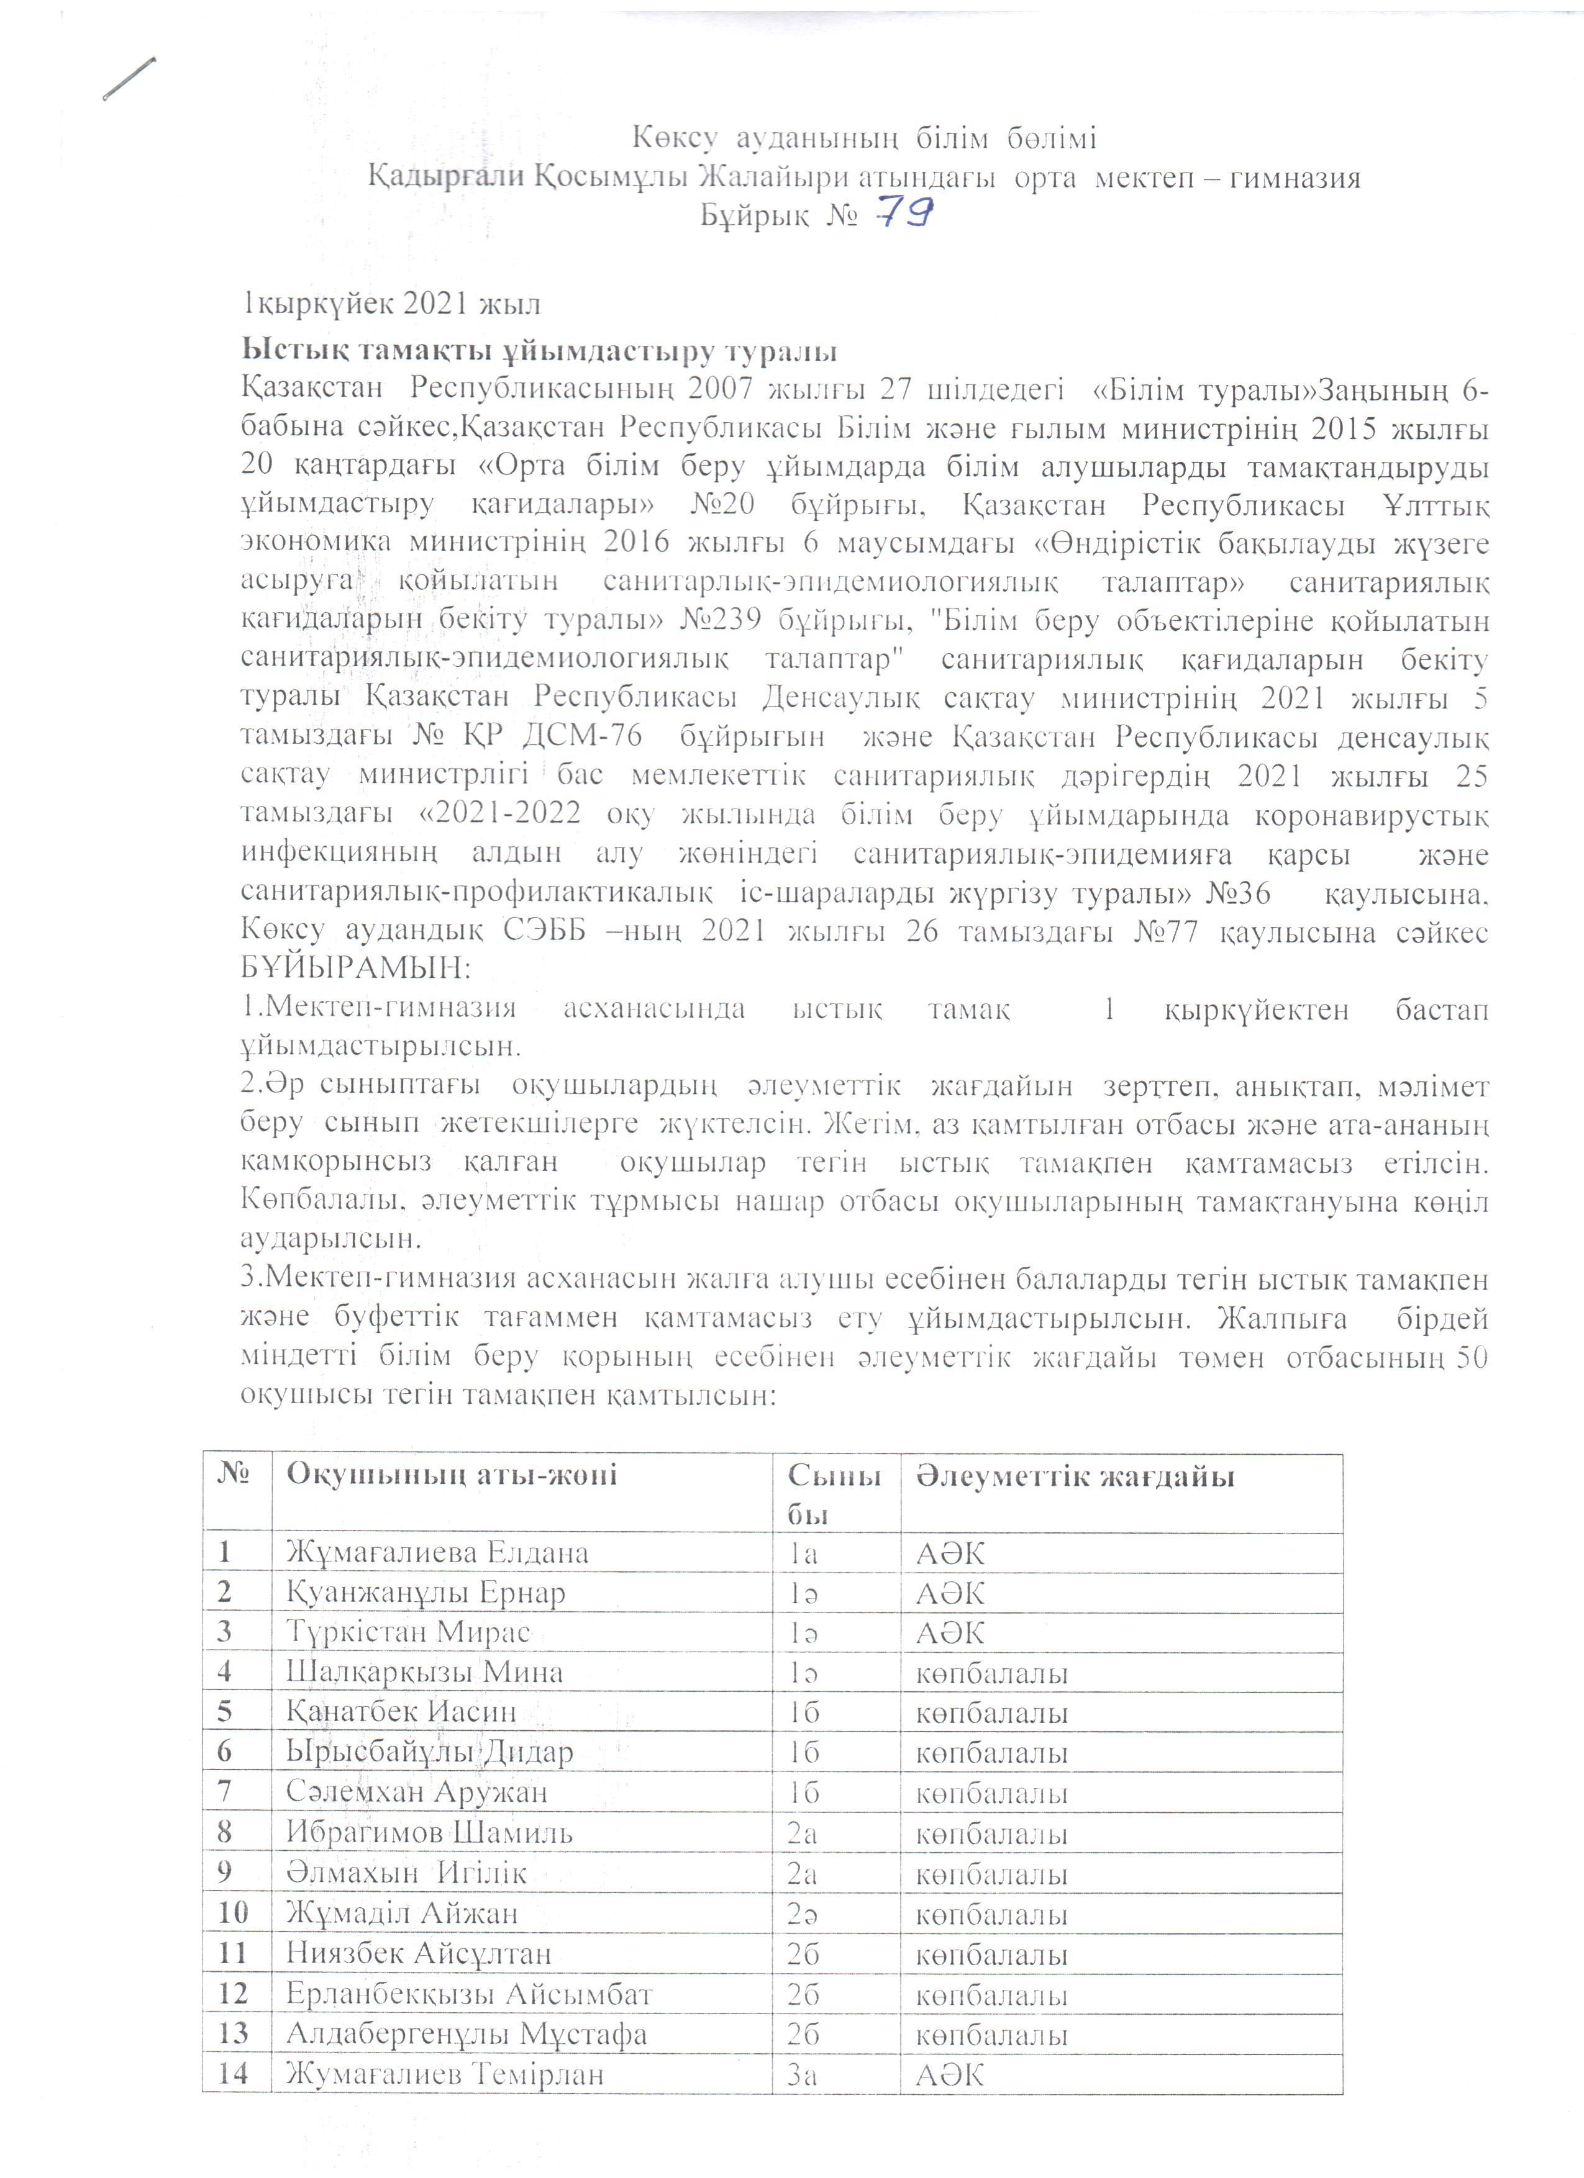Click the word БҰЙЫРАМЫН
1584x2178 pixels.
coord(353,969)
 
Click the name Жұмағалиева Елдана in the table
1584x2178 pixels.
coord(437,1553)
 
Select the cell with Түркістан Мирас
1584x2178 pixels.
coord(408,1632)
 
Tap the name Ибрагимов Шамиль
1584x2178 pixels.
coord(429,1832)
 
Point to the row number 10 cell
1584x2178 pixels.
coord(234,1912)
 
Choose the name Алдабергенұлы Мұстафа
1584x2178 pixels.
coord(466,2032)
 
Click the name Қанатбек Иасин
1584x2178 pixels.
coord(401,1711)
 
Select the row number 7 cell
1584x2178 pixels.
coord(227,1791)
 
